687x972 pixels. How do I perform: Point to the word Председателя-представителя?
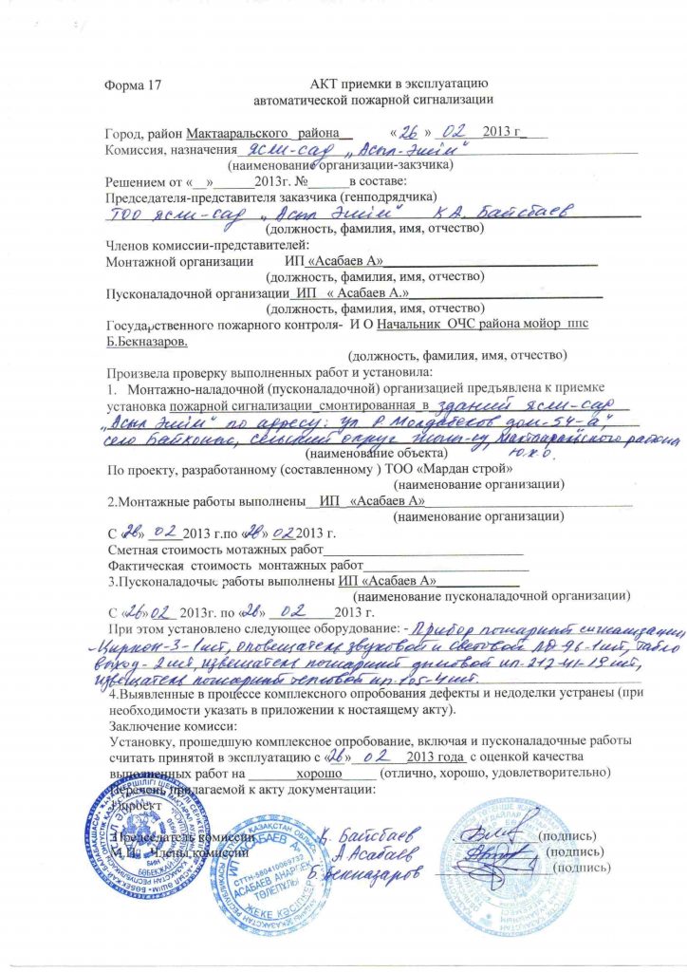[x=176, y=196]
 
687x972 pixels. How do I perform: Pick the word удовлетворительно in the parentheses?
[x=546, y=773]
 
